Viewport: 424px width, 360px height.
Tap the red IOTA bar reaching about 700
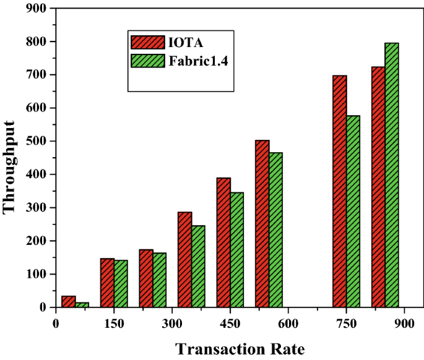point(340,191)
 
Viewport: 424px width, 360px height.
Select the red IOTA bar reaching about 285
point(185,260)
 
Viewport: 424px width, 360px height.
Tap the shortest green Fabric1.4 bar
point(82,305)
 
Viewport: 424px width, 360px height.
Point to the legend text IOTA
point(186,42)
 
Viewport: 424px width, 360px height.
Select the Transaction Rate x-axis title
point(240,349)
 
